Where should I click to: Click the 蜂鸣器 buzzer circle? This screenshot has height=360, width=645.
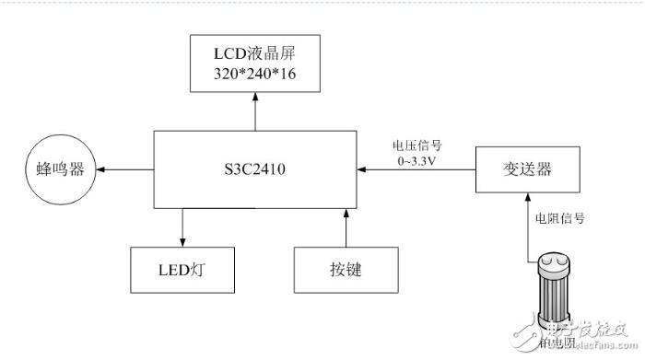pos(62,171)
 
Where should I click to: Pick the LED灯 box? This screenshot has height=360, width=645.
pos(182,270)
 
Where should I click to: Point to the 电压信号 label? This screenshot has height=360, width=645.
pos(416,145)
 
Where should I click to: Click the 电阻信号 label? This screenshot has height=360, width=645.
pos(561,219)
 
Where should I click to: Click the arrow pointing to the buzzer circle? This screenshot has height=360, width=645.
pos(124,170)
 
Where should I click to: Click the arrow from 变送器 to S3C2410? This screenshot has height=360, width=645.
pos(415,170)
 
